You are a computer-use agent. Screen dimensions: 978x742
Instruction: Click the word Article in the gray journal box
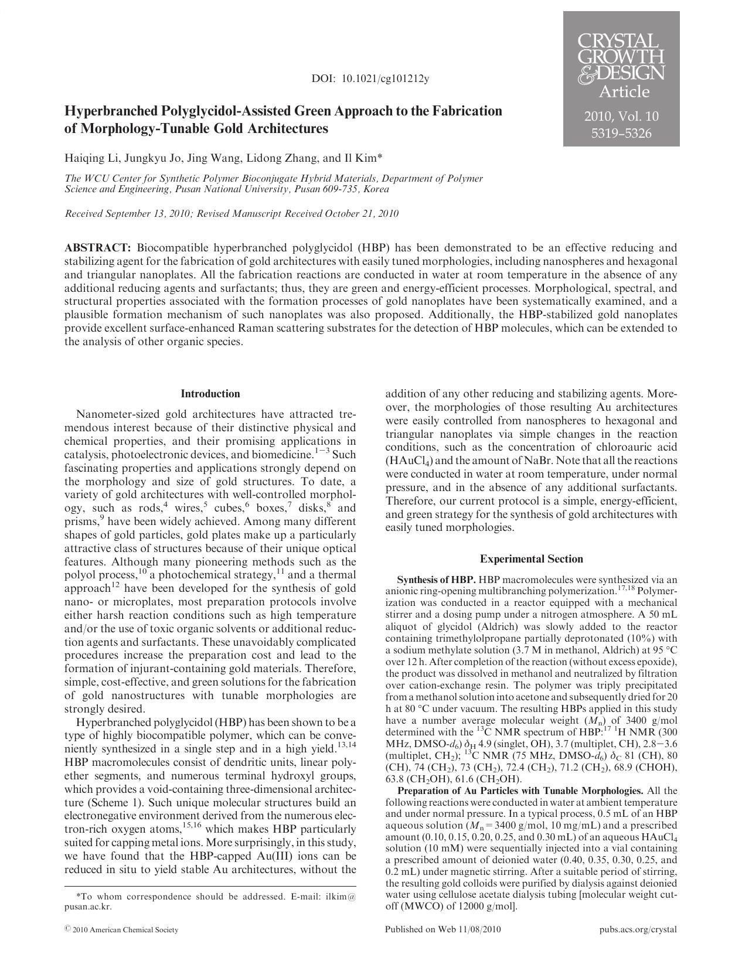[624, 92]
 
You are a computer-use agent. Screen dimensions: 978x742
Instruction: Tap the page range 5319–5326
[621, 134]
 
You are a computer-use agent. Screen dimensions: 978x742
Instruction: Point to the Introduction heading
[210, 394]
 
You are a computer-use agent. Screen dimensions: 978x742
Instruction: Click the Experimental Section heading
[531, 559]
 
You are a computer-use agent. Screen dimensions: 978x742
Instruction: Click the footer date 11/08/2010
[481, 929]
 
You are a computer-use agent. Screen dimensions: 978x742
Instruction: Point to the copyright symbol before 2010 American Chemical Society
[67, 929]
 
